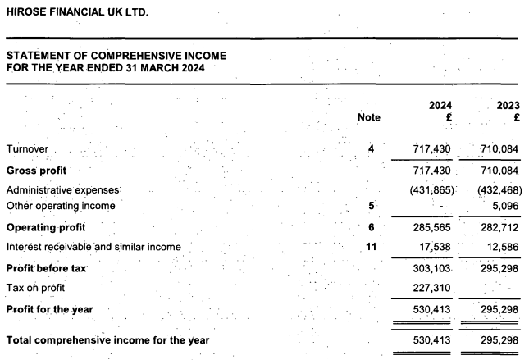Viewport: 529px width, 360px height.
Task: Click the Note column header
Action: (369, 117)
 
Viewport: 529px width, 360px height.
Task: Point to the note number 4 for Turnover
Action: (372, 149)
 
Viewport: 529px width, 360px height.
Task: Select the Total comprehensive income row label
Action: (107, 339)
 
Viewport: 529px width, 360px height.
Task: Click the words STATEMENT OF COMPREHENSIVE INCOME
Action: (116, 55)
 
